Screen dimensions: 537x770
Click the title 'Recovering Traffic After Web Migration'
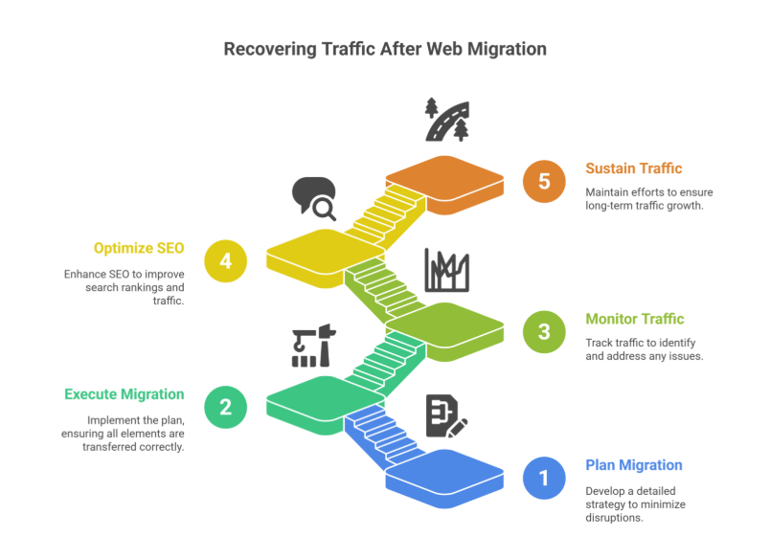(384, 48)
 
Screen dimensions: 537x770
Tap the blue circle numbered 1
(544, 477)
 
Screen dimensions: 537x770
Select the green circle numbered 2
(225, 406)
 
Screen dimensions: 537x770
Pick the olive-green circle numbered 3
(544, 331)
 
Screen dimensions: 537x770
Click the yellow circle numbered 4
(225, 260)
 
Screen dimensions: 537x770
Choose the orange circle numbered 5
(544, 181)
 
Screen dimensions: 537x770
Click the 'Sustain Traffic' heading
(633, 168)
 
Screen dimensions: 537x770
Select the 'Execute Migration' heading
(124, 393)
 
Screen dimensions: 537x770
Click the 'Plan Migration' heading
(633, 465)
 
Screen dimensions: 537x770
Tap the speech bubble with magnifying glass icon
(313, 197)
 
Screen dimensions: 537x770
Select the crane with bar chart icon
(312, 347)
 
